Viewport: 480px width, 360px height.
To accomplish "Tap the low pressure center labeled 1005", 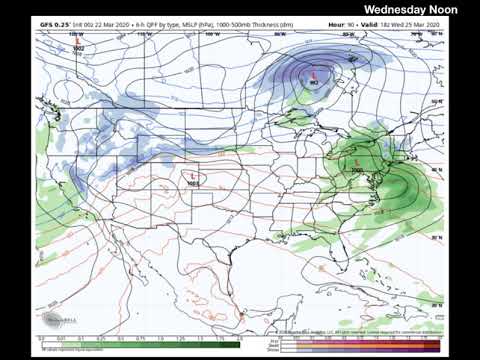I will coord(358,164).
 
